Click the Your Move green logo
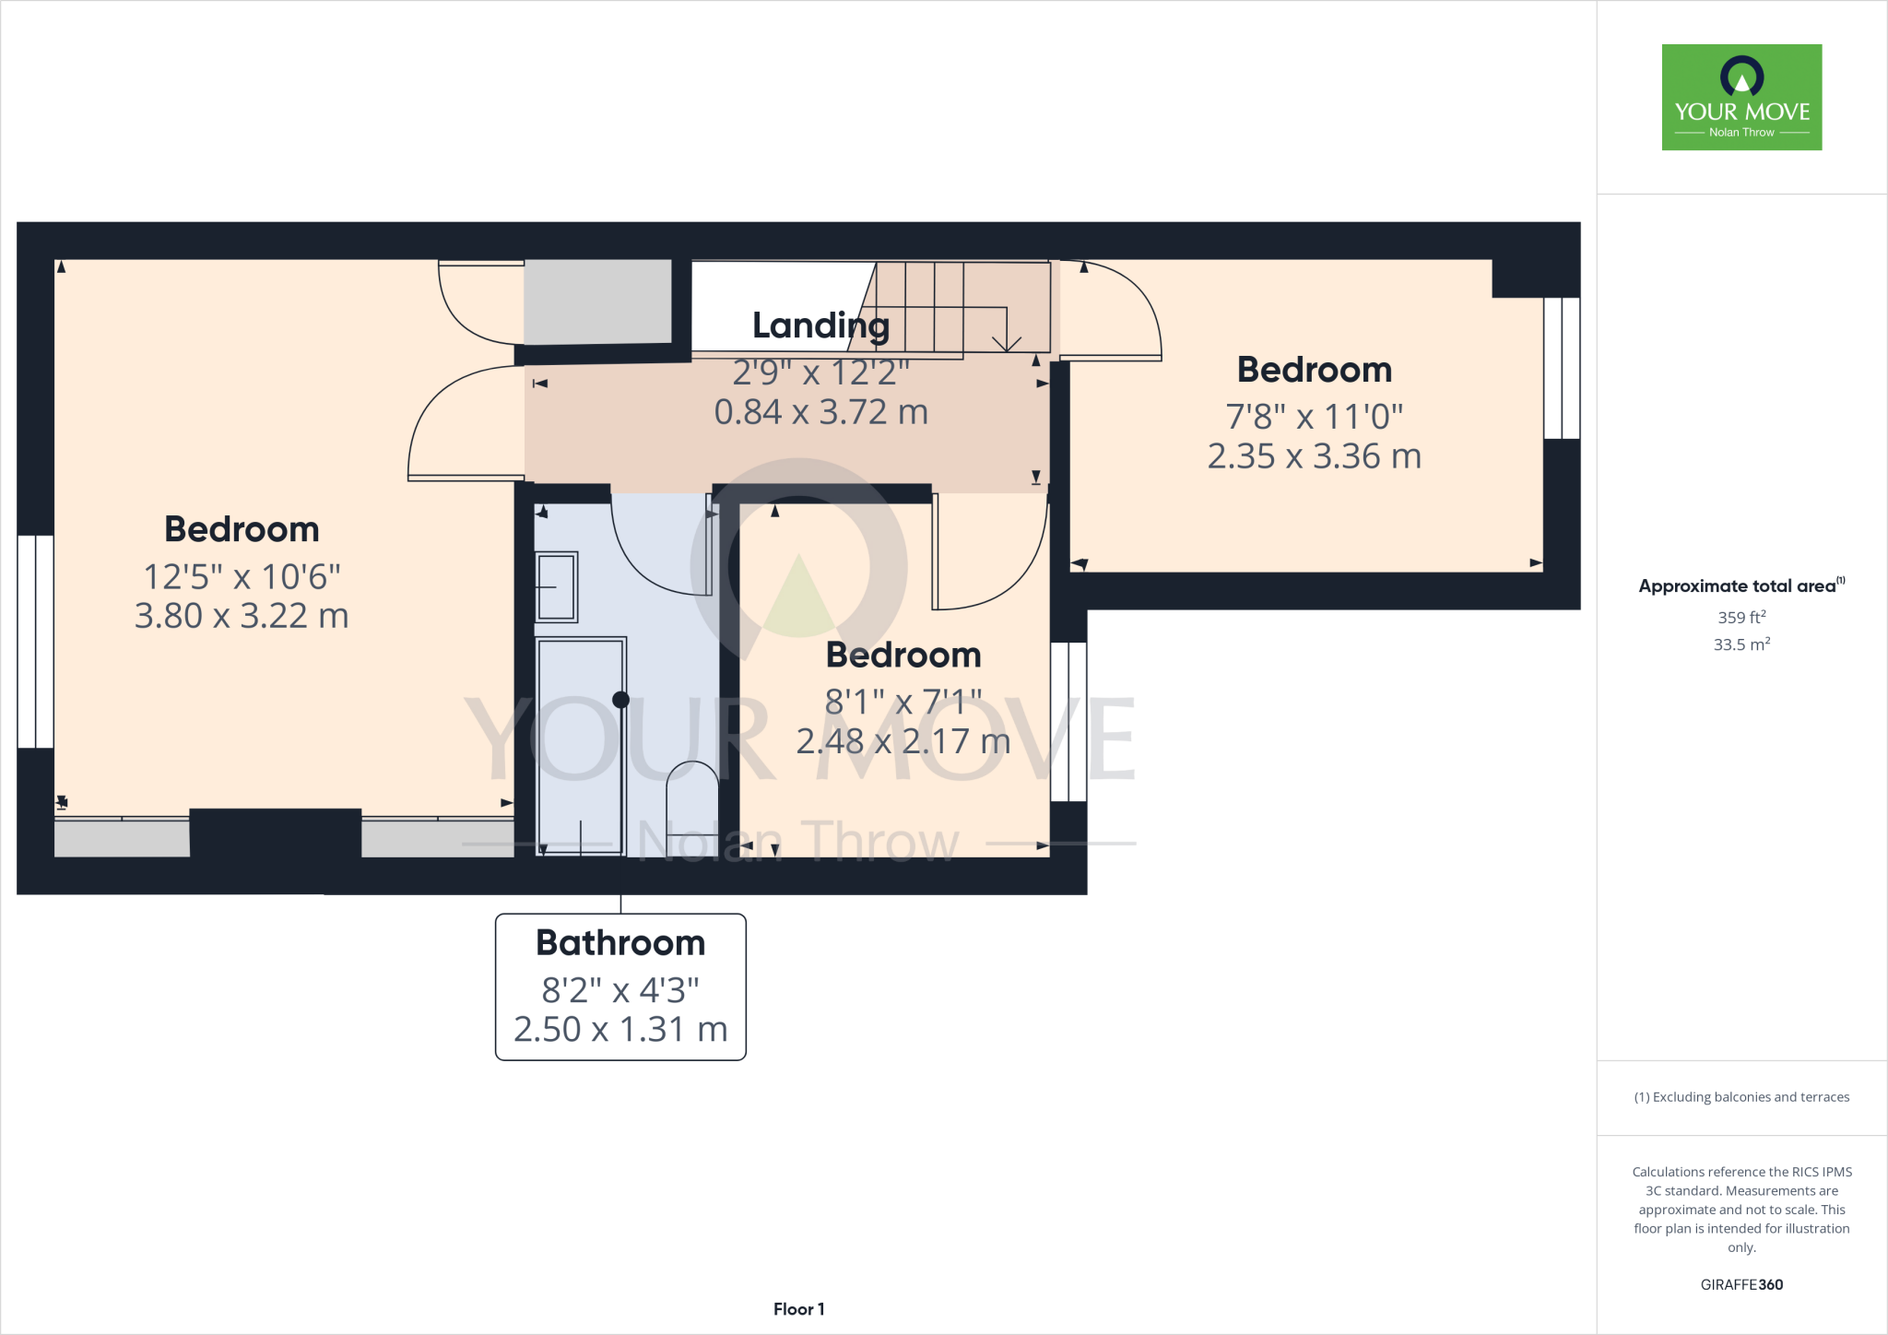coord(1741,97)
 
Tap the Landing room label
coord(820,325)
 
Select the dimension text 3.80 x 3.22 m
coord(242,616)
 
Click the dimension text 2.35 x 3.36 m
coord(1314,456)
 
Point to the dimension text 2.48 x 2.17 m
coord(903,741)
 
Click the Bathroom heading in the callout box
coord(620,943)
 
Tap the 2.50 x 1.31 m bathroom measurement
coord(620,1029)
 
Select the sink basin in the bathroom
coord(557,586)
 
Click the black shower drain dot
coord(620,700)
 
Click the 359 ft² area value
coord(1741,618)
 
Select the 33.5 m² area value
coord(1741,644)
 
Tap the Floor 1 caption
coord(798,1309)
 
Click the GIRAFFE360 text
coord(1741,1284)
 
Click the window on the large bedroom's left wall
coord(35,641)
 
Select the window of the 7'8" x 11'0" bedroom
coord(1562,367)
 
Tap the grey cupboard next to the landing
coord(597,301)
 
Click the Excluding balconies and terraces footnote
coord(1741,1097)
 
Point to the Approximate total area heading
coord(1738,586)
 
